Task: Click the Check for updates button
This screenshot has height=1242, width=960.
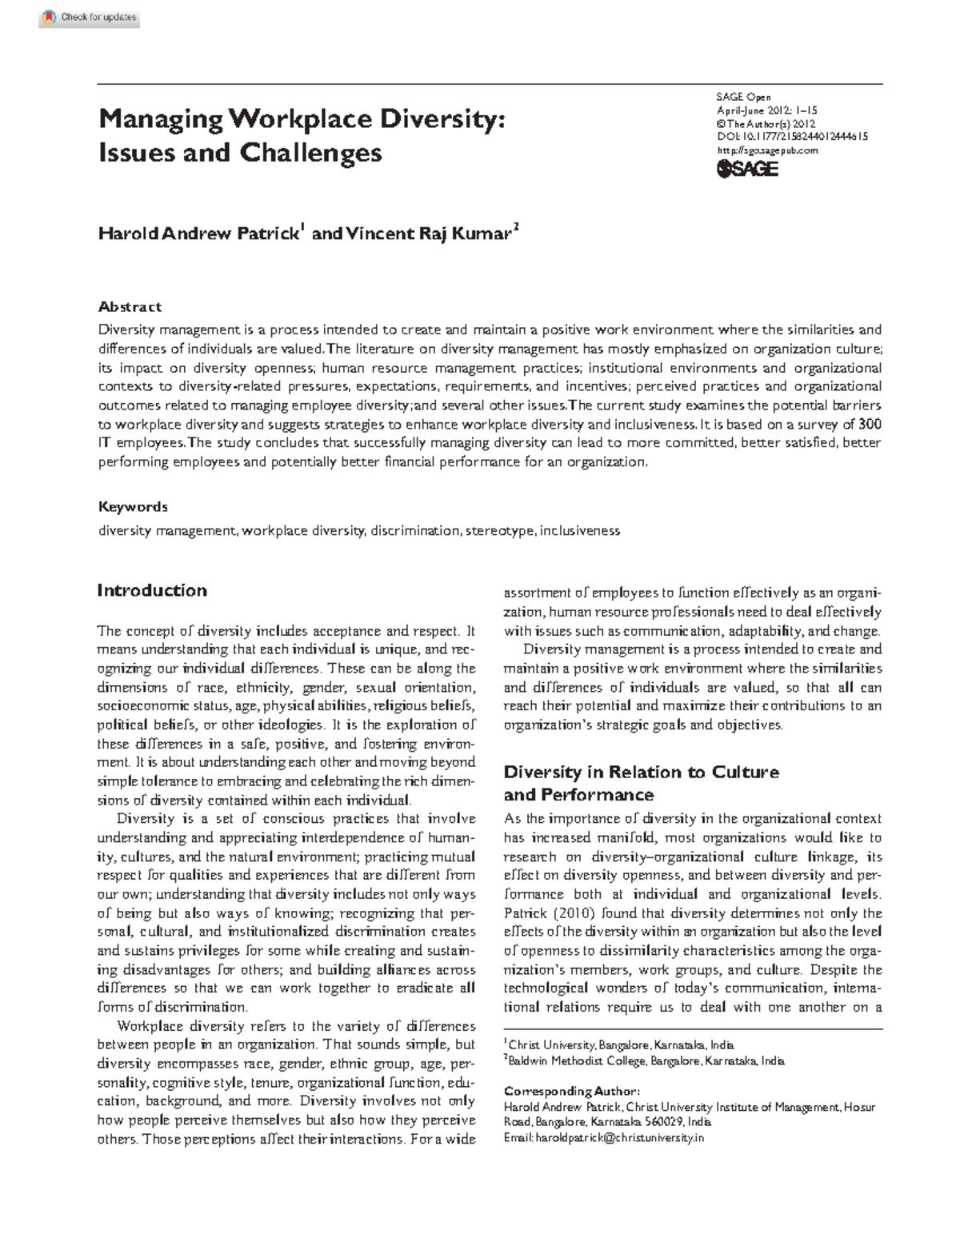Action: [x=90, y=18]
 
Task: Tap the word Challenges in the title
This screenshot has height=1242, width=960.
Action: [x=309, y=152]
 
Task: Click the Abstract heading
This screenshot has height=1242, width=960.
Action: [x=130, y=306]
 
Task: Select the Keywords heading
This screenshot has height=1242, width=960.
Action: [x=133, y=506]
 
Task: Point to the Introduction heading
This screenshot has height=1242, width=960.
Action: [x=152, y=590]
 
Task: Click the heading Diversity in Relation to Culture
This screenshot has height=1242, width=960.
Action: [x=641, y=773]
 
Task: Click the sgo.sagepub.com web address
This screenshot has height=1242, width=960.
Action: [x=767, y=150]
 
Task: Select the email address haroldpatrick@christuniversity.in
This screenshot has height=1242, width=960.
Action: [x=620, y=1137]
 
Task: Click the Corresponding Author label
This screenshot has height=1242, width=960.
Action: [x=571, y=1092]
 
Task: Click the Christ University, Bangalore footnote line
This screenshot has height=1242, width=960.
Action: [x=621, y=1044]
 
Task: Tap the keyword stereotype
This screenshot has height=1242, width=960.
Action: [x=500, y=530]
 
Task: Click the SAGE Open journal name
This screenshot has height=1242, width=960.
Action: [x=743, y=98]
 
